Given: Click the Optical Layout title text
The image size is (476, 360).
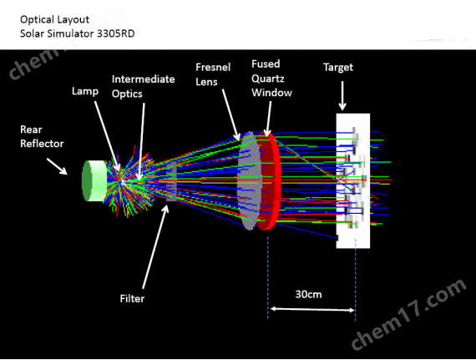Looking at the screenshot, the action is (x=54, y=20).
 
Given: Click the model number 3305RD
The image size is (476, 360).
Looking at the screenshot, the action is (x=116, y=33).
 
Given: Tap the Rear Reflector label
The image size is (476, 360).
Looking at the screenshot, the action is (x=42, y=137).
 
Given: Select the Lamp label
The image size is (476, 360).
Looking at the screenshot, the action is (x=85, y=91).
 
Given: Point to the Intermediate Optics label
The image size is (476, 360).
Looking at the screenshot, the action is (x=144, y=87).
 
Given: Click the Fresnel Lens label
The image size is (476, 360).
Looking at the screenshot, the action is (x=213, y=74).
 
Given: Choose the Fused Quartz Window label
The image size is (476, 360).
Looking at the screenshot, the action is (x=271, y=79).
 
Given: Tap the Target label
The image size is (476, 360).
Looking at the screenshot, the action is (x=338, y=68).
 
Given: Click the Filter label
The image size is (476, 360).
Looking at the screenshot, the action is (x=132, y=299).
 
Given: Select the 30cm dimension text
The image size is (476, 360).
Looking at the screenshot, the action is (x=308, y=294).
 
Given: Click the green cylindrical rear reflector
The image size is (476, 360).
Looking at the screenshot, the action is (x=94, y=180).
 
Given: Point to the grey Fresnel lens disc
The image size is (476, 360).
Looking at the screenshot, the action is (x=249, y=180).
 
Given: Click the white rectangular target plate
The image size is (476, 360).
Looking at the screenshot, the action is (x=352, y=181).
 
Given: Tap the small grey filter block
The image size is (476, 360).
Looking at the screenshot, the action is (x=171, y=181).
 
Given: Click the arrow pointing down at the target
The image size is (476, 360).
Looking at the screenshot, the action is (x=342, y=95).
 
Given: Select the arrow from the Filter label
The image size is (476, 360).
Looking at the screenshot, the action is (x=155, y=247).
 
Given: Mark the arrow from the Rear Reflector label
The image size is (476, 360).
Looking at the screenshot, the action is (x=57, y=166).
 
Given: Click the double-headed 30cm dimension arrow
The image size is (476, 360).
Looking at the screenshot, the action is (x=312, y=309).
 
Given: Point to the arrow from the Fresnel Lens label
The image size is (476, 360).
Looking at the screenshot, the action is (x=231, y=114).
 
